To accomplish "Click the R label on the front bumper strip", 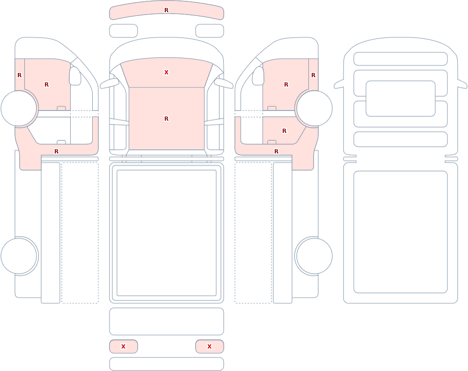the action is (167, 10).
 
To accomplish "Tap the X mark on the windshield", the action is (167, 72).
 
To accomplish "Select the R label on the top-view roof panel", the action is (167, 119).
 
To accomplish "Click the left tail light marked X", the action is (124, 347).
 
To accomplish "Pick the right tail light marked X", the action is (210, 347).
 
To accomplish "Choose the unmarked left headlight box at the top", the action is (124, 31).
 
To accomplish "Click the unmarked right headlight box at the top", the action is (210, 31).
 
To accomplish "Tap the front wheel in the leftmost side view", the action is (19, 109).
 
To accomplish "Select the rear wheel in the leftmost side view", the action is (19, 256).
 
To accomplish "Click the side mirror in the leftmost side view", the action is (75, 76).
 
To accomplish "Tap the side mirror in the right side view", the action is (258, 76).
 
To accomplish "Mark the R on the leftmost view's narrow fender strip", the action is (19, 75).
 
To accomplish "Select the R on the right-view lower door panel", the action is (284, 131).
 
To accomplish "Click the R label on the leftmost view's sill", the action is (57, 152).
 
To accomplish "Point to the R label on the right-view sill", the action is (277, 152).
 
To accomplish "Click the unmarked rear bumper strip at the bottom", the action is (167, 364).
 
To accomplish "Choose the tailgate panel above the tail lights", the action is (167, 321).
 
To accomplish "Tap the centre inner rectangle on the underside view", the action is (401, 99).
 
